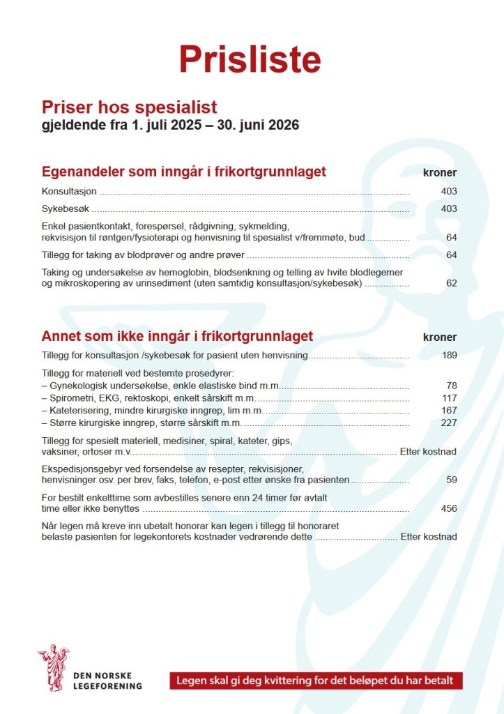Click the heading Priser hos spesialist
click(130, 107)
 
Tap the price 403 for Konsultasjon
click(448, 191)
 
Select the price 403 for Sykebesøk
click(448, 208)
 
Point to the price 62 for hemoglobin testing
click(451, 284)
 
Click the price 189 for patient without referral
click(449, 356)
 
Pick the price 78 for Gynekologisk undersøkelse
click(451, 385)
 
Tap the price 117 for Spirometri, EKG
click(449, 397)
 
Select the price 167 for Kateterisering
click(449, 410)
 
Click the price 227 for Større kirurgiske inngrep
click(449, 423)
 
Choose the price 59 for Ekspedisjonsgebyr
click(451, 480)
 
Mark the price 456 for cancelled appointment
click(449, 508)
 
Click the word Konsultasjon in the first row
click(69, 191)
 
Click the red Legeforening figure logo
click(53, 668)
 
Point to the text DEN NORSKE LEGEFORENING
click(107, 681)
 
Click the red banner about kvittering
click(315, 681)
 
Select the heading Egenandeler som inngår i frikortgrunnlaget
click(184, 172)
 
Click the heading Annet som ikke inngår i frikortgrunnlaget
click(177, 336)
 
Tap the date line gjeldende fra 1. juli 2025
click(170, 126)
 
